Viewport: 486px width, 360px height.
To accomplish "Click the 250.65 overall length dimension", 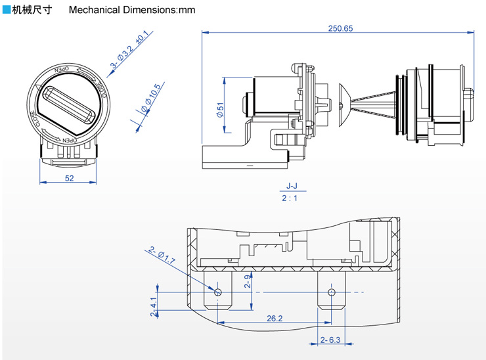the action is (340, 28).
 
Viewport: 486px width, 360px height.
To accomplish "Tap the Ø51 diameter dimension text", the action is (220, 110).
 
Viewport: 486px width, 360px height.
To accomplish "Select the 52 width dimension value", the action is (70, 178).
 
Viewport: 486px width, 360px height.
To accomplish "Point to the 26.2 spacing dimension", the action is (275, 319).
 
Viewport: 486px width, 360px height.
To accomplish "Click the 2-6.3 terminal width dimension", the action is (330, 340).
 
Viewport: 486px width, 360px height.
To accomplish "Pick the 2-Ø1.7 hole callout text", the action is (162, 255).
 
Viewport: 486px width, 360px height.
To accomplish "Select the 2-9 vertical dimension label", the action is (248, 282).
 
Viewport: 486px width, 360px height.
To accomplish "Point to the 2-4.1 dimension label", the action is (154, 307).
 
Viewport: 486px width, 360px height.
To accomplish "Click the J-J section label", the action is (292, 186).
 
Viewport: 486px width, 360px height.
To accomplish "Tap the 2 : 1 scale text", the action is (290, 198).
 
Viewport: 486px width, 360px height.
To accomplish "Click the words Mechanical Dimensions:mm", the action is (132, 10).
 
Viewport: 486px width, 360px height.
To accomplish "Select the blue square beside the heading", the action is (6, 10).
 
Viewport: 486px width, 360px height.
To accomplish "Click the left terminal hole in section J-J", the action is (218, 292).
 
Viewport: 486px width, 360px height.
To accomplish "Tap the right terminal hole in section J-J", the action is (332, 292).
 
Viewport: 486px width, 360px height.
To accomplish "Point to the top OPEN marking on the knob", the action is (61, 69).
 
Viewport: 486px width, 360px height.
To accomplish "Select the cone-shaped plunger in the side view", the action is (344, 105).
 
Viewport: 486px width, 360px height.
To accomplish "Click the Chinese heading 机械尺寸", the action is (32, 10).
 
